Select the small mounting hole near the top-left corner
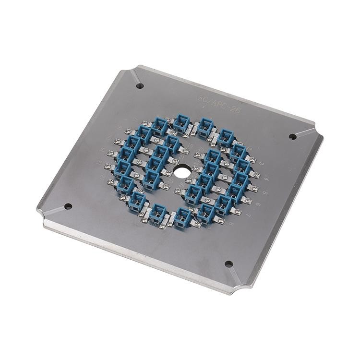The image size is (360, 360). point(140,86)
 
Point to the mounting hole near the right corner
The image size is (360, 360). point(292,136)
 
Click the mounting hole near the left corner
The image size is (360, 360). point(68,206)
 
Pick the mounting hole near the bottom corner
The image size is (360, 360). point(228,264)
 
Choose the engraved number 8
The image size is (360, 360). point(231,224)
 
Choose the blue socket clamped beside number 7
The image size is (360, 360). point(223,204)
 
